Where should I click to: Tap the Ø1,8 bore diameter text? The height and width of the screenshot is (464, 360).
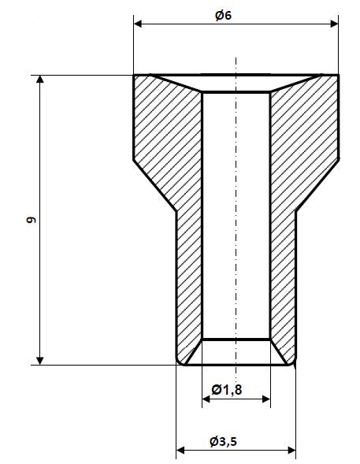(x=227, y=390)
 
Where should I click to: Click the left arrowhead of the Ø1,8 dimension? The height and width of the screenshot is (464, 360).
(x=206, y=400)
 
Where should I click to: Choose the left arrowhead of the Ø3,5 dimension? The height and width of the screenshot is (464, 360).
(x=180, y=451)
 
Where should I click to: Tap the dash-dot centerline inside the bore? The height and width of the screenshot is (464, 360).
(x=236, y=221)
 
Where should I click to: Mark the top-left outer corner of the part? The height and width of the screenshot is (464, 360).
(x=134, y=76)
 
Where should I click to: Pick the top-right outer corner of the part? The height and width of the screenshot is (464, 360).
(x=339, y=76)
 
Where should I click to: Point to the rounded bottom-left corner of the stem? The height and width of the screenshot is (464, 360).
(x=178, y=362)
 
